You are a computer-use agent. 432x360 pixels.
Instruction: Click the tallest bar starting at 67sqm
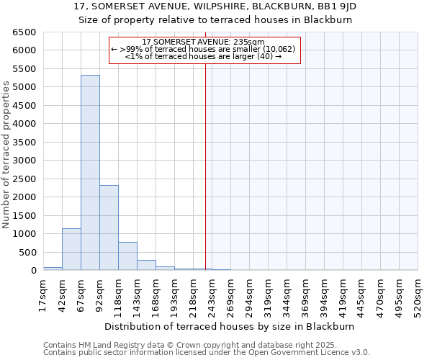tap(90, 173)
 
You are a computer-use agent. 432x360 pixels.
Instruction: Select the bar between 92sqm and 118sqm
tap(109, 228)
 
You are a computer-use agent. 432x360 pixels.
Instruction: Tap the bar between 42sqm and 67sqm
tap(71, 249)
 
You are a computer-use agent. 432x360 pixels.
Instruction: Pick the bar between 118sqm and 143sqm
tap(127, 256)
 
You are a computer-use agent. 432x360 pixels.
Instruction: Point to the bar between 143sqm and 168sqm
tap(146, 265)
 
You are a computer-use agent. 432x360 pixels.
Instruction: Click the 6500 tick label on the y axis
tap(24, 32)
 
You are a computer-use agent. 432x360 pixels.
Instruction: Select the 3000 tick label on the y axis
tap(24, 161)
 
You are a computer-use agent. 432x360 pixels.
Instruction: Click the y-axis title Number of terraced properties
tap(7, 155)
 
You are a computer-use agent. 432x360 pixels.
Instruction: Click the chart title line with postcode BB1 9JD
tap(215, 6)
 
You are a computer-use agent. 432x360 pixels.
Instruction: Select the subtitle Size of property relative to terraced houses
tap(215, 19)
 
